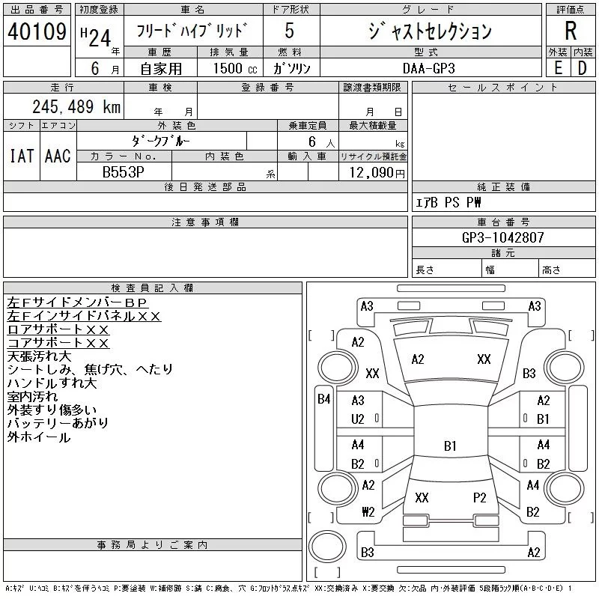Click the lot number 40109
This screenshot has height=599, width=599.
click(x=37, y=33)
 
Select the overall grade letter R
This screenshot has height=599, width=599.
click(x=571, y=31)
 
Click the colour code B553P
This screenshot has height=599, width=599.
click(x=124, y=172)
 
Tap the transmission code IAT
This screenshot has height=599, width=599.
click(x=21, y=156)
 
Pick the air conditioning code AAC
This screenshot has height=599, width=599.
click(x=58, y=156)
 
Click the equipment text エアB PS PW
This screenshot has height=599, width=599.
click(x=449, y=202)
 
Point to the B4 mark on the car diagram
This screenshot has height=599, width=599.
click(x=324, y=399)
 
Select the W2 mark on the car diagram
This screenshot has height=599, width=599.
click(x=368, y=512)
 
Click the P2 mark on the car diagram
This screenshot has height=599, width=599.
click(x=480, y=497)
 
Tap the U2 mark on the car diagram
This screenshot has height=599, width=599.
click(x=358, y=419)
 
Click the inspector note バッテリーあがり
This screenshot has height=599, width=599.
click(x=58, y=424)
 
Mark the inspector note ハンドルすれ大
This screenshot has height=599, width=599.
click(x=52, y=383)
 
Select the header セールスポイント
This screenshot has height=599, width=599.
click(x=503, y=88)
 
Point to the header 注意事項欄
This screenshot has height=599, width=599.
click(x=205, y=222)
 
